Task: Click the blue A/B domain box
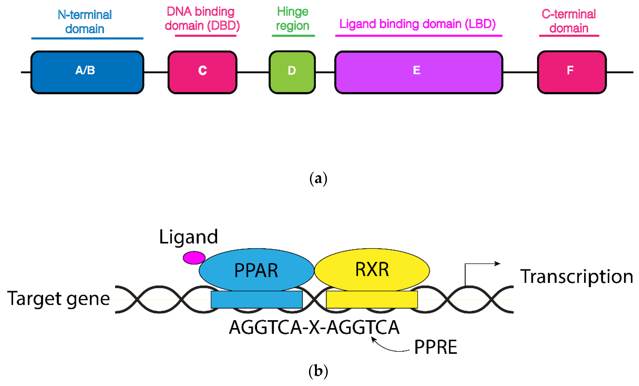87,72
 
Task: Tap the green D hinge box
292,72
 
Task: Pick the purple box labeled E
418,72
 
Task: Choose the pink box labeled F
572,72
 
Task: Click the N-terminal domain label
85,22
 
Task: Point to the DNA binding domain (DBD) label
202,19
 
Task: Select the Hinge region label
293,19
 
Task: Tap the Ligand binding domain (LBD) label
417,24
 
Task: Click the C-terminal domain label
568,21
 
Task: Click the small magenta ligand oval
194,258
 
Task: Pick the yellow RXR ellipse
372,269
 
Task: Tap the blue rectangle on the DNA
257,300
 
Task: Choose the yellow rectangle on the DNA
372,300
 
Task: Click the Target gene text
59,299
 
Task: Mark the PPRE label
435,347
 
